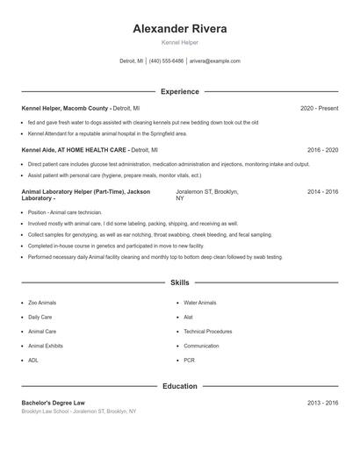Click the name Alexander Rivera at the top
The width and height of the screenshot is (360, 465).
click(x=179, y=29)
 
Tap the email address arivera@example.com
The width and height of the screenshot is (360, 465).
click(x=214, y=61)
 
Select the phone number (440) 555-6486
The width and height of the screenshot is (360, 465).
click(x=166, y=61)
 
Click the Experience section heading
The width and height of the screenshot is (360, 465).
click(x=179, y=91)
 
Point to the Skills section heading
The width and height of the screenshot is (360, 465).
click(x=179, y=283)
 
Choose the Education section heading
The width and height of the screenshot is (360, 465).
click(x=179, y=386)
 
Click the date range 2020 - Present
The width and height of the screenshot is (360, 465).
click(x=319, y=108)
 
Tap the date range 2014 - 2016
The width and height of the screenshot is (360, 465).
click(x=322, y=191)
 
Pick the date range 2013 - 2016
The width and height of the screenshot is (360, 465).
click(x=322, y=403)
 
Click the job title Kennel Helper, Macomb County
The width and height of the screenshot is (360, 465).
click(x=66, y=108)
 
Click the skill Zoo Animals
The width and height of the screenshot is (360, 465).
click(x=42, y=303)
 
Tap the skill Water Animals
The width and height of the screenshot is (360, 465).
click(x=199, y=303)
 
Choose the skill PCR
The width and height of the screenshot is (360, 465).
click(x=189, y=360)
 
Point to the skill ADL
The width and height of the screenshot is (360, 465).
click(x=32, y=360)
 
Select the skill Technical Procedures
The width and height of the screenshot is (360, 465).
click(x=207, y=332)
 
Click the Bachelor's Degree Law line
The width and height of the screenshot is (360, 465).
click(x=54, y=403)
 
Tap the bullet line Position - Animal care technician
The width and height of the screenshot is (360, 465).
click(x=65, y=212)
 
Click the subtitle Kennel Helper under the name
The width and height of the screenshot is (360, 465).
click(x=179, y=43)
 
